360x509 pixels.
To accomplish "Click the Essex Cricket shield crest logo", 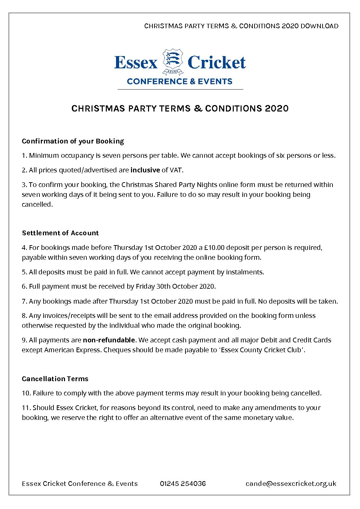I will coord(173,62).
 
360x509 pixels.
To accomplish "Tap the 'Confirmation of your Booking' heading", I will coord(73,141).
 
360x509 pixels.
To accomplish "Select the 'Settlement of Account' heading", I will coord(60,233).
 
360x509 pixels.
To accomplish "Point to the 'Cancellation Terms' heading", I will coord(55,379).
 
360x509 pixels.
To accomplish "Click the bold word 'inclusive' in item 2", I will coord(145,170).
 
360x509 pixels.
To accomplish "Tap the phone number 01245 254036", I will coord(183,483).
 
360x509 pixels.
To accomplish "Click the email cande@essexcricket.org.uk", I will coord(291,483).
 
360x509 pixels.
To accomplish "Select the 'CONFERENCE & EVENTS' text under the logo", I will coord(180,82).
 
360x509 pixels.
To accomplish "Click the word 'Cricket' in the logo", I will coord(216,63).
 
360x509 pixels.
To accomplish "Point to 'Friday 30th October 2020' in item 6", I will coord(175,286).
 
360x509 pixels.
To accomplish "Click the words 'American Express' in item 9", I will coord(72,350).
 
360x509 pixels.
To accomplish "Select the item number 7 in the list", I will coord(24,301).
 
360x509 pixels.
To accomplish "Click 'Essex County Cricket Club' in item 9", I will coord(261,350).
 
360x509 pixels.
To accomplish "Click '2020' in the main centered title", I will coord(277,108).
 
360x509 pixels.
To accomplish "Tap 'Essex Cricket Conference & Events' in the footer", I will coord(80,483).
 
